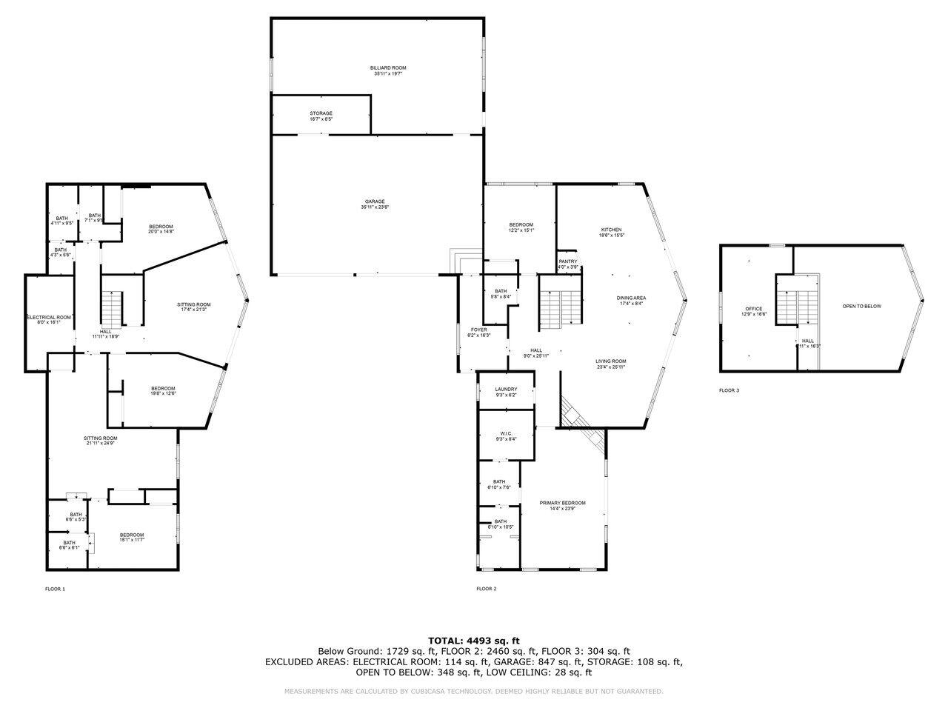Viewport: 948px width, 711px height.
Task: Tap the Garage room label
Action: (374, 204)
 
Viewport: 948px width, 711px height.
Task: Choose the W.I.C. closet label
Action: (506, 436)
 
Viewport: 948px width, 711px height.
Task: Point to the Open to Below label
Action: (862, 306)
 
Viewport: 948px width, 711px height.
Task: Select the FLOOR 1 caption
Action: (56, 589)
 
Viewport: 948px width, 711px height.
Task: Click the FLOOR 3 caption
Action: (729, 390)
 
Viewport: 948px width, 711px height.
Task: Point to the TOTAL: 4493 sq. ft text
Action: (474, 640)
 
